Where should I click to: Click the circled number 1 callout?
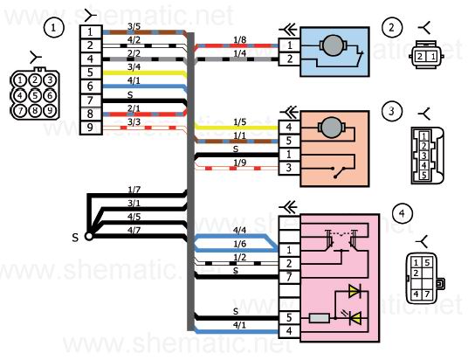click(54, 28)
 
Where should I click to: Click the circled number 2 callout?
click(392, 27)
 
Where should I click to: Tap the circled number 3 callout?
click(392, 111)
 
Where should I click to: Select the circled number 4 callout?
click(403, 213)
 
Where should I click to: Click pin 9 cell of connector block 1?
click(91, 128)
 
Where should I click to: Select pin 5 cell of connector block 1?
click(91, 73)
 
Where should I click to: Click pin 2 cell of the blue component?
click(289, 59)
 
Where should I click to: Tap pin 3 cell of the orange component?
click(289, 168)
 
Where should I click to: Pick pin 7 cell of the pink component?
click(289, 277)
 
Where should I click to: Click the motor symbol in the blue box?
click(333, 45)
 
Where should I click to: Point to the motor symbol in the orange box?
click(331, 128)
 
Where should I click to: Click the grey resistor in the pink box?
click(319, 318)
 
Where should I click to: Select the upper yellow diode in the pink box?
click(355, 291)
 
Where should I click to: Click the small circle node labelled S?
click(89, 236)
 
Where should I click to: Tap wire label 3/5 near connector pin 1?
click(134, 26)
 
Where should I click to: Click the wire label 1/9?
click(239, 163)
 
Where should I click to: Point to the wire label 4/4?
click(239, 230)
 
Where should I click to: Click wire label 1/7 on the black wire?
click(134, 190)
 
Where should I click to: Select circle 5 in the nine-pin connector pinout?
click(35, 95)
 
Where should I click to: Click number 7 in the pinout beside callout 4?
click(427, 294)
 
